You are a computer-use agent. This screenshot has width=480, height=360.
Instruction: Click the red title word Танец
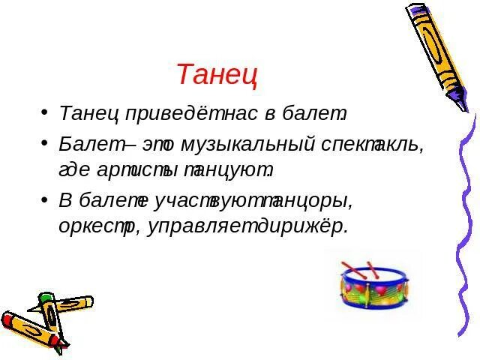tap(217, 75)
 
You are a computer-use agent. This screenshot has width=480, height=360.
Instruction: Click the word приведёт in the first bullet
tap(169, 115)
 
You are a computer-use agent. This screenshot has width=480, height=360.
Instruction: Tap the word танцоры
tap(308, 200)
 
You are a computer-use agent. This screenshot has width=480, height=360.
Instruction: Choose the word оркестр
tap(98, 227)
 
